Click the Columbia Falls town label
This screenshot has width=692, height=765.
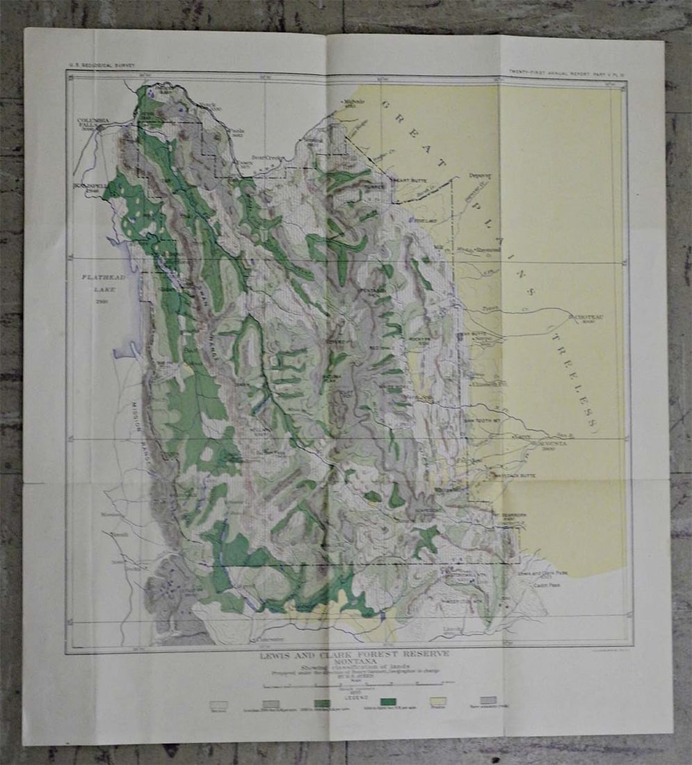coord(94,124)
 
